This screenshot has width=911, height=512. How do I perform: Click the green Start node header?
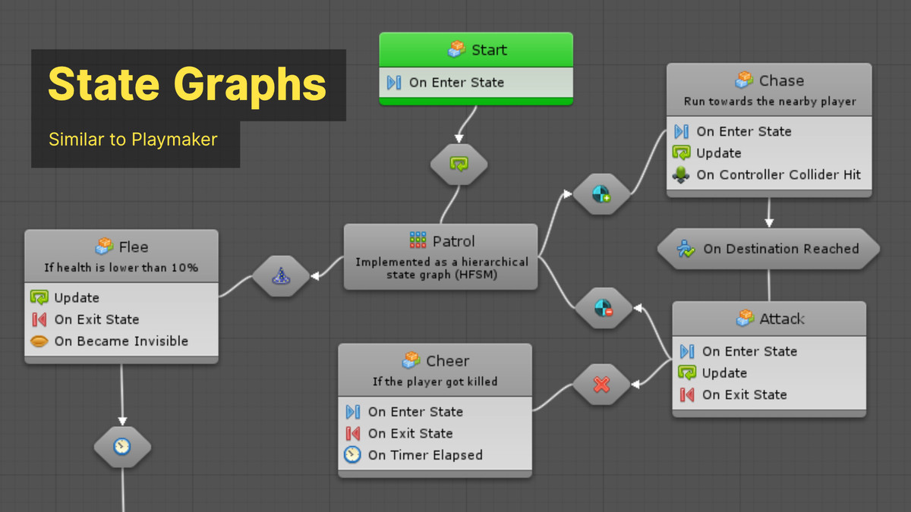476,50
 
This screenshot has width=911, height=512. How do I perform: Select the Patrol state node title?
441,241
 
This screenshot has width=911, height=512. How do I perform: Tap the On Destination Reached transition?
768,249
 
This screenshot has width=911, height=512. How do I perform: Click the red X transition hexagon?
601,384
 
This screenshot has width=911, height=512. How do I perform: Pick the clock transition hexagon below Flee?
122,447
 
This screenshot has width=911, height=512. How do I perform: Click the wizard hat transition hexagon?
280,277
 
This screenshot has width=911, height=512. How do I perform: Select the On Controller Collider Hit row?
768,174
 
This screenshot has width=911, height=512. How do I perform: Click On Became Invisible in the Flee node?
121,341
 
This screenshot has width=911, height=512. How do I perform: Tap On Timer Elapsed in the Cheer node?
424,455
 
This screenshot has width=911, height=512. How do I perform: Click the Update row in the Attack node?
724,373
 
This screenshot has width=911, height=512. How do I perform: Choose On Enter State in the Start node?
456,83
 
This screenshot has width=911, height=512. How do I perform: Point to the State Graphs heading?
188,84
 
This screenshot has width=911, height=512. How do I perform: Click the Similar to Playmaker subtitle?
133,140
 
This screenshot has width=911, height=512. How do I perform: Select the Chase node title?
769,80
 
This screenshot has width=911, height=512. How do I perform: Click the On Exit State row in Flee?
96,319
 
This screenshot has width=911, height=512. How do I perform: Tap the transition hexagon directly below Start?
459,164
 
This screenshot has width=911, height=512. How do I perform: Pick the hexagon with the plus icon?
601,195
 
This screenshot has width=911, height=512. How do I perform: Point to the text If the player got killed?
435,382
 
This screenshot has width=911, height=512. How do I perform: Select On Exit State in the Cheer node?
410,434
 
